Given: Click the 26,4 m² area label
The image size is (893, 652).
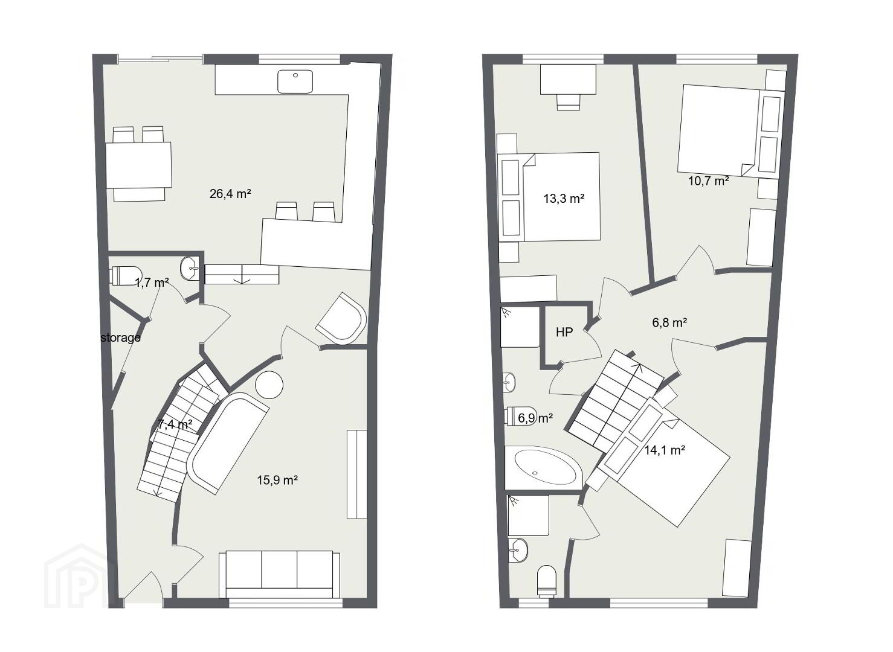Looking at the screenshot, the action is click(230, 194).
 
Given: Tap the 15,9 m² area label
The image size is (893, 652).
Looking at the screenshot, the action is click(277, 480).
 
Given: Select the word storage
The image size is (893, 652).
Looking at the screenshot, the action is click(120, 337).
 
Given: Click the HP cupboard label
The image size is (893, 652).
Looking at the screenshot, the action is click(564, 332).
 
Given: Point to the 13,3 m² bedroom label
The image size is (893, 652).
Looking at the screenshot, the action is click(564, 199).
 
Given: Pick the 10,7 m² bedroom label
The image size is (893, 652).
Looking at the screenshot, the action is click(709, 181).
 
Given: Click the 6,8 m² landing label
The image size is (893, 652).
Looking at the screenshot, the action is click(669, 322).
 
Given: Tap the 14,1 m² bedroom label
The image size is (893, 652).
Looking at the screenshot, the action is click(665, 450).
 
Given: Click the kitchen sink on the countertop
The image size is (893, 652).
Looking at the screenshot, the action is click(295, 81).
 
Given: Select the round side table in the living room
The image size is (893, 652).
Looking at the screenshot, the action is click(269, 385).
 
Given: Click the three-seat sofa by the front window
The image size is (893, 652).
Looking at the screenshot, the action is click(280, 574).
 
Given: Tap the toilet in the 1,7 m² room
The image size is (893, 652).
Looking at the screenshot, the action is click(125, 276).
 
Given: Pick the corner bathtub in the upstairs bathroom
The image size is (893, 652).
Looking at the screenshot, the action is click(544, 468).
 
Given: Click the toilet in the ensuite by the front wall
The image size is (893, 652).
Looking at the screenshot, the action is click(547, 581).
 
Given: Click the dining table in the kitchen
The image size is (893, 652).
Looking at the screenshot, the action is click(139, 165).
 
